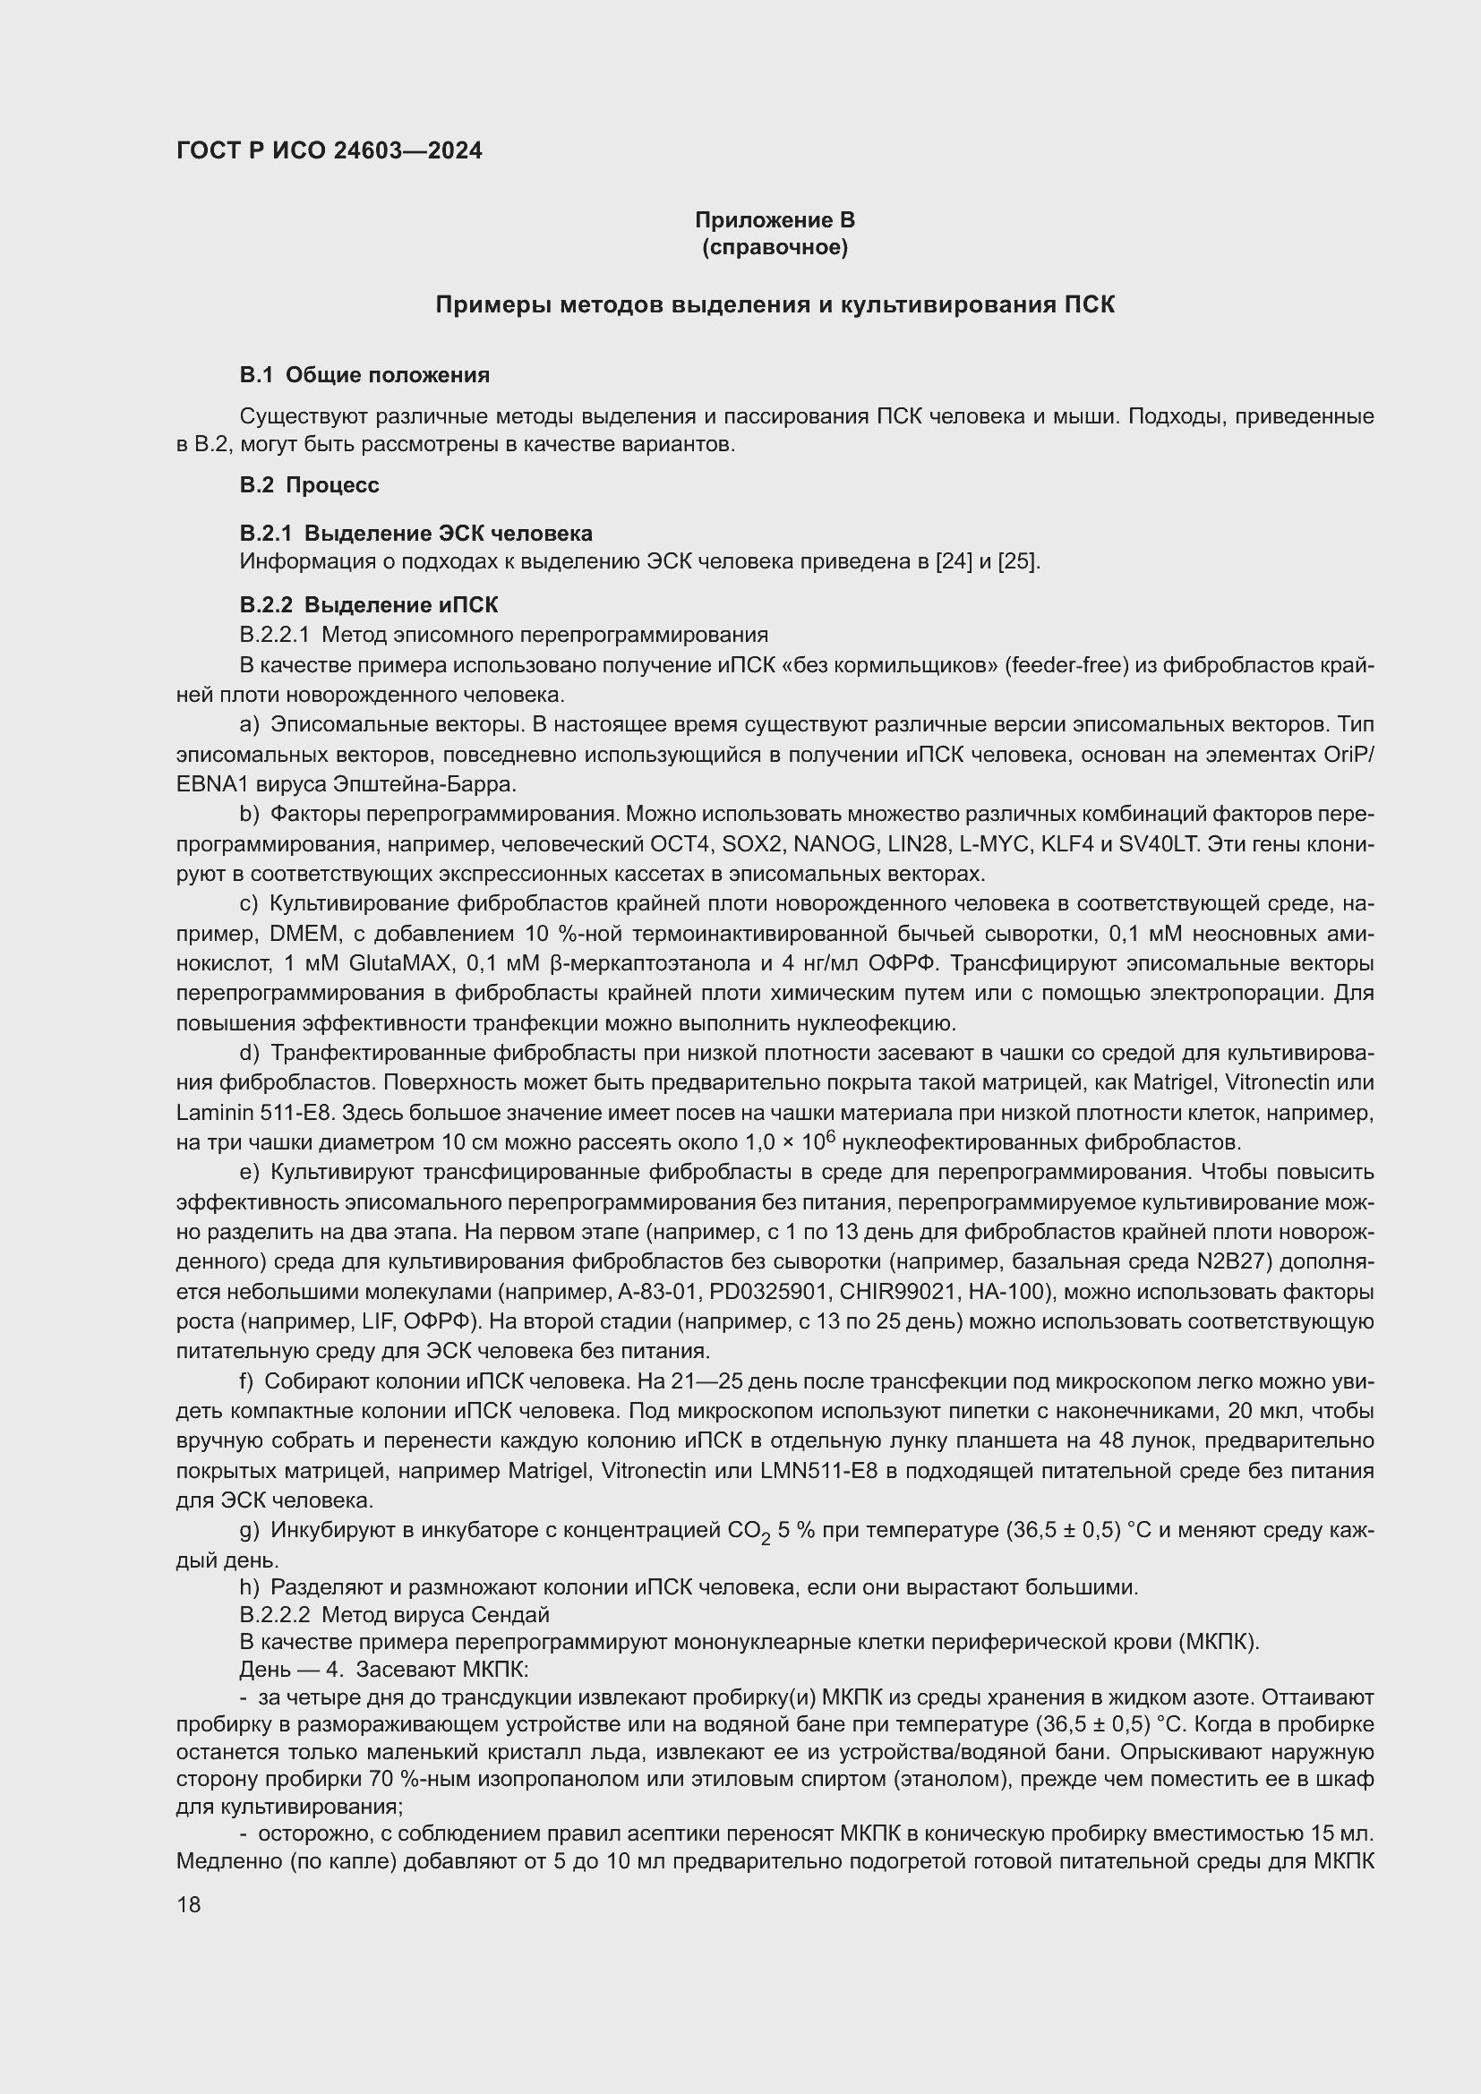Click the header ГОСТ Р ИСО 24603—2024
click(x=330, y=150)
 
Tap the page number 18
click(x=189, y=1904)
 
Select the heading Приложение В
click(x=775, y=220)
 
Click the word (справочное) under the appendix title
click(x=775, y=248)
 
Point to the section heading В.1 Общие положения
click(x=364, y=375)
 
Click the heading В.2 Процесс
click(x=309, y=485)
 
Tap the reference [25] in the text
click(x=1019, y=561)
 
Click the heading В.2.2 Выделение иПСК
click(x=368, y=604)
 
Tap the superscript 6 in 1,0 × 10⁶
click(x=831, y=1136)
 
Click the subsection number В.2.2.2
click(x=275, y=1615)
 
